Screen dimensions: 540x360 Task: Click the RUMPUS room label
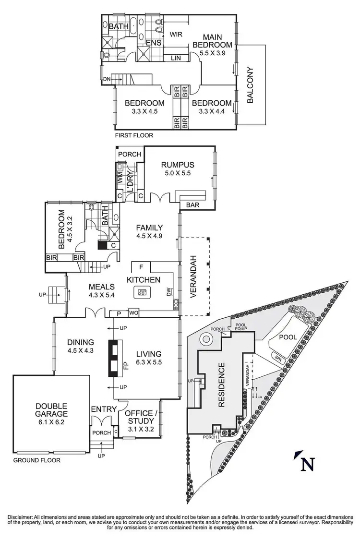(176, 164)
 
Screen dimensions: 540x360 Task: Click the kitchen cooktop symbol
(142, 291)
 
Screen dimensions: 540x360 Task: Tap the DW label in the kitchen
(169, 292)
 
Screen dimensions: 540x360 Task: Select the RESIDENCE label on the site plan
(221, 385)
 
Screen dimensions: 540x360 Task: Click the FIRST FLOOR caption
(134, 135)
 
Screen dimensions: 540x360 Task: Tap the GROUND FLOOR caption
(36, 460)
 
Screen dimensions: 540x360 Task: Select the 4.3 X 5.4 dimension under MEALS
(101, 295)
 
